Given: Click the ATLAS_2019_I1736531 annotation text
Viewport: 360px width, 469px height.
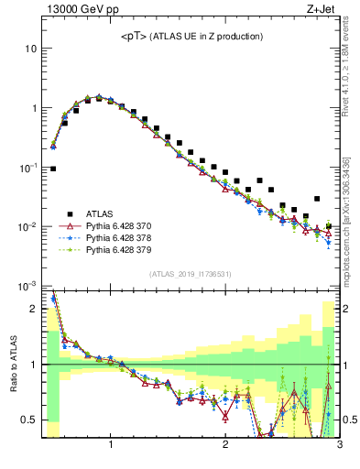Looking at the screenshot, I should [x=191, y=274].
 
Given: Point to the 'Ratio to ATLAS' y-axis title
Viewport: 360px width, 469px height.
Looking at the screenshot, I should [x=13, y=364].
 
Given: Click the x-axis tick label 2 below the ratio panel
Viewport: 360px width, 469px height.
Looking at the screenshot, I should [x=225, y=447].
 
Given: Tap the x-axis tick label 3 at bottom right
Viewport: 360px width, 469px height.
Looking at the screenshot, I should [x=338, y=447].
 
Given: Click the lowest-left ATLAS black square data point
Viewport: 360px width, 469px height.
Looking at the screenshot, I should [x=53, y=169].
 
